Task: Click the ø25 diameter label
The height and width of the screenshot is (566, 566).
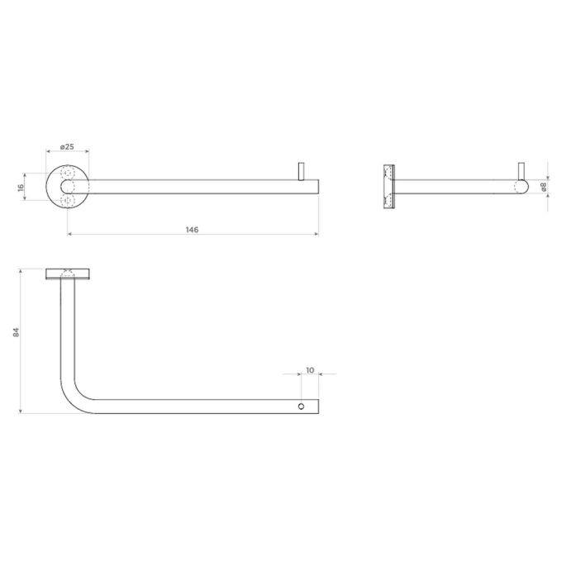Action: [x=67, y=147]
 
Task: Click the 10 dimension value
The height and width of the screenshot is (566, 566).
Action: [x=310, y=371]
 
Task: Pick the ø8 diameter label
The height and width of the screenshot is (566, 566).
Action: [x=544, y=188]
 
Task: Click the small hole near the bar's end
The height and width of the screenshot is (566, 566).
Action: [x=302, y=407]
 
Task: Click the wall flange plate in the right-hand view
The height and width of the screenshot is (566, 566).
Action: [x=388, y=187]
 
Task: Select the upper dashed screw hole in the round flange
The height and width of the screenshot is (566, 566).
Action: [x=69, y=174]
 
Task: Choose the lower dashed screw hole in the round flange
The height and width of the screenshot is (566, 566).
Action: [x=69, y=201]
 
